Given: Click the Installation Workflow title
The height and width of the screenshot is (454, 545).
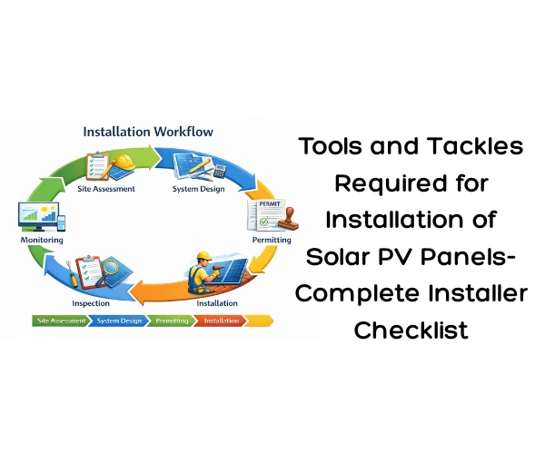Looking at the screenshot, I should coord(148,132).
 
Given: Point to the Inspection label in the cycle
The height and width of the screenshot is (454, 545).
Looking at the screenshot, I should coord(90,302).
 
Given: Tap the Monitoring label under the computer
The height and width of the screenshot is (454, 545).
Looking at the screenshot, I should coord(42,241).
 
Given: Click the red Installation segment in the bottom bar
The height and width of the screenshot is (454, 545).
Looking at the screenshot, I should coord(221,321).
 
